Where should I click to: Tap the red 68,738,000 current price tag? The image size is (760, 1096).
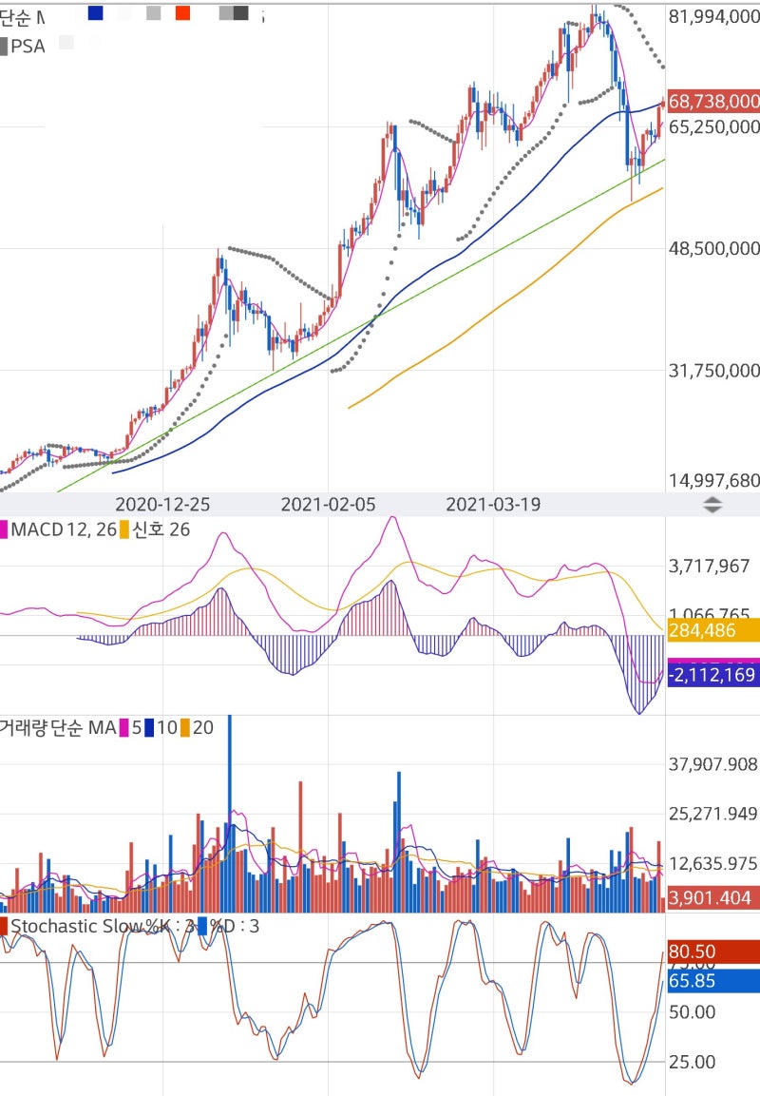(713, 101)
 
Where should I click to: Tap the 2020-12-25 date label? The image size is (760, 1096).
(163, 505)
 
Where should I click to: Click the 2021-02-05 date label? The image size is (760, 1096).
(328, 505)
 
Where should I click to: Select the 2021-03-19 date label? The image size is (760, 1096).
(493, 505)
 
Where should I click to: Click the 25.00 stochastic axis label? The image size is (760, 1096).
(693, 1062)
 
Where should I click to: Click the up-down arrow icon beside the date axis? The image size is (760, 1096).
(712, 506)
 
